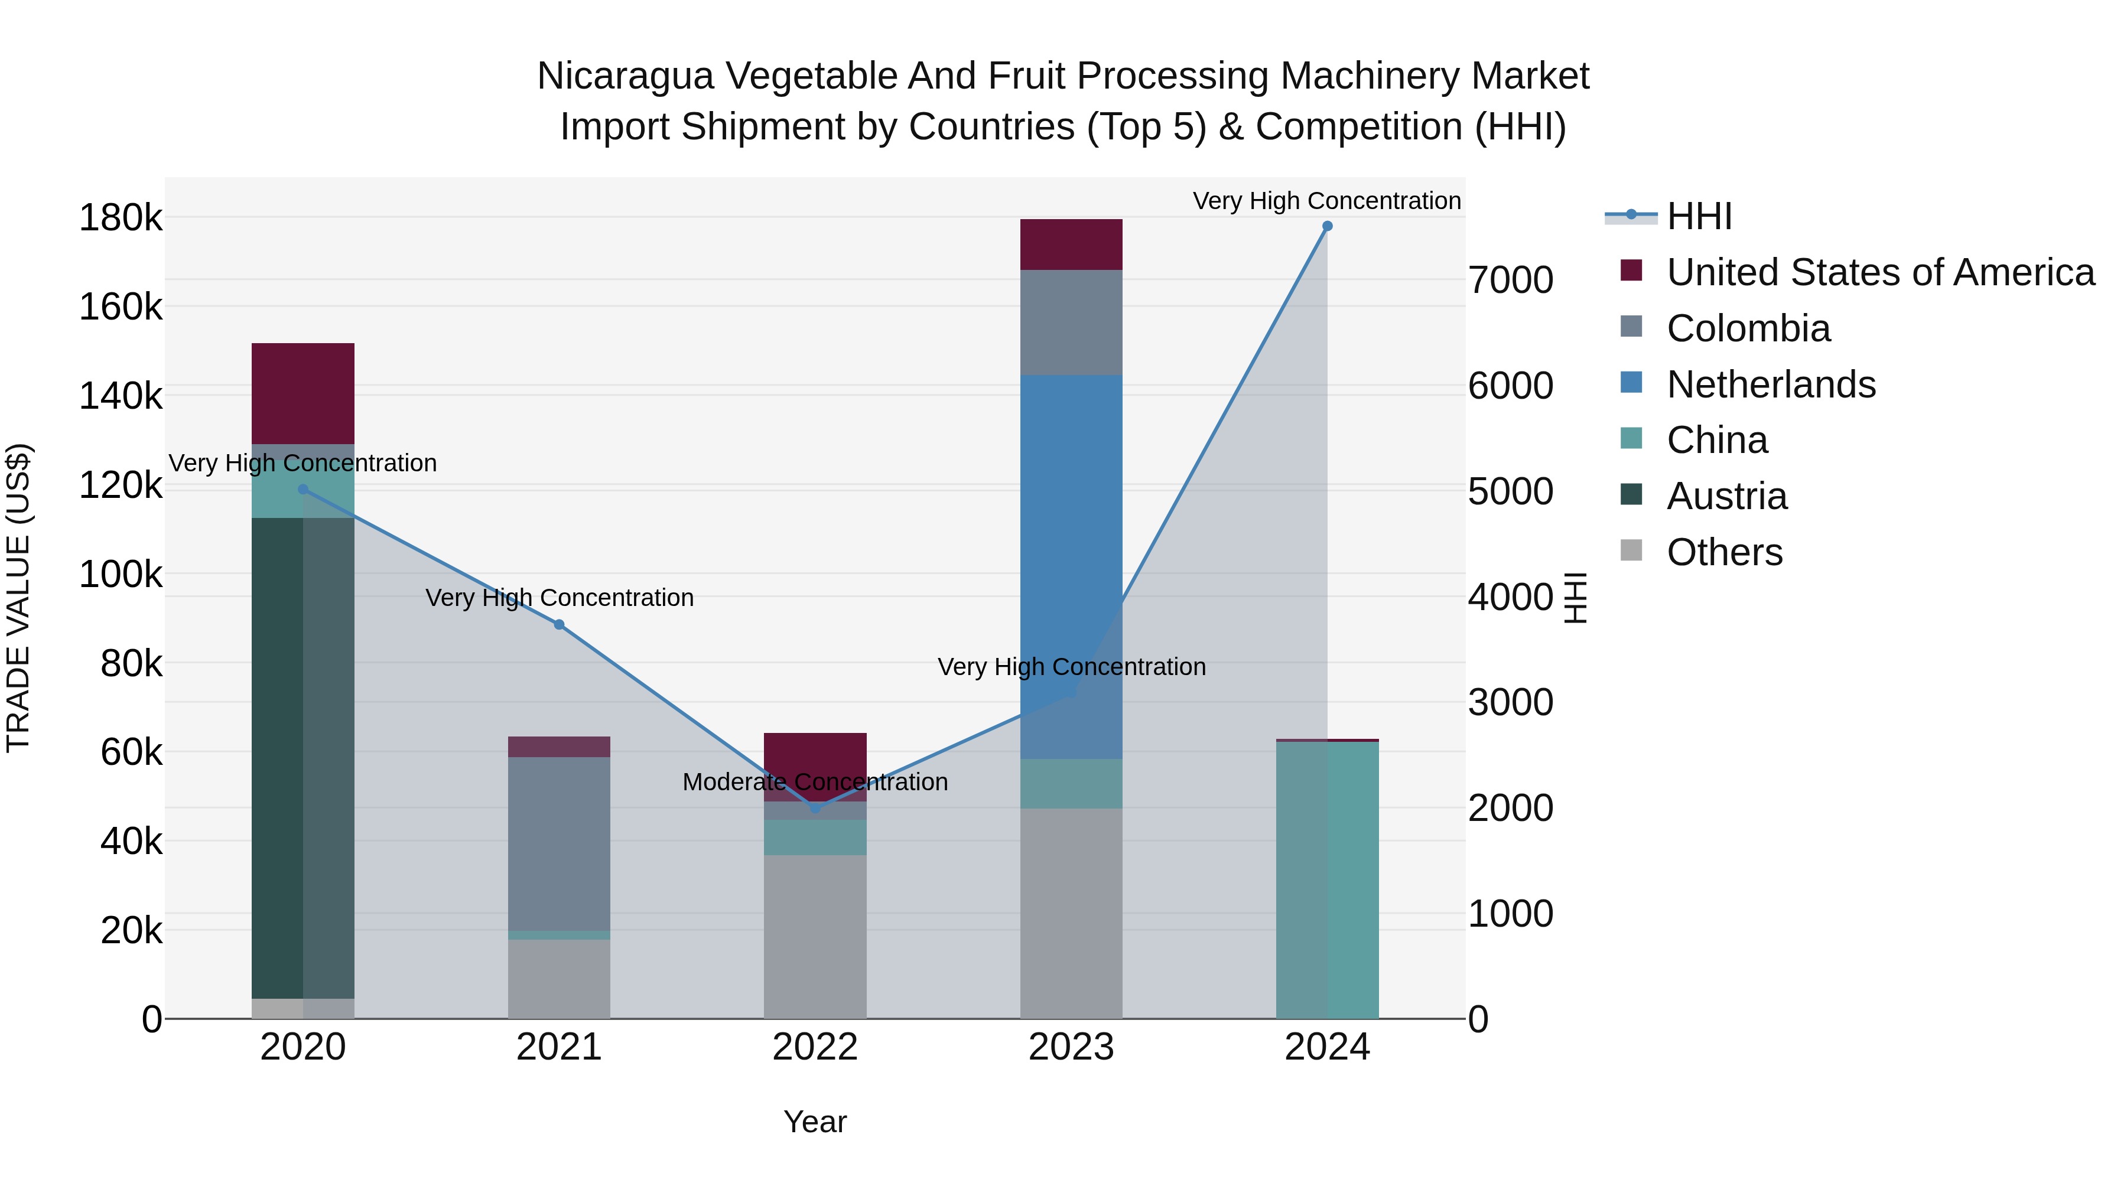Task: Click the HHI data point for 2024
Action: coord(1327,226)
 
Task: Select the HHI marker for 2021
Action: coord(559,625)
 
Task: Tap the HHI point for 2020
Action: coord(303,490)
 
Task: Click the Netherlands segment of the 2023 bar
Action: coord(1071,566)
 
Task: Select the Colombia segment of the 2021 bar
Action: coord(559,843)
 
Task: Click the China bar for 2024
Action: coord(1327,880)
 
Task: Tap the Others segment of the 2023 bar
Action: coord(1071,913)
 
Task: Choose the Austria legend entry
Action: coord(1726,496)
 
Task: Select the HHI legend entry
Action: coord(1699,216)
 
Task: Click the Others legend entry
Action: coord(1724,552)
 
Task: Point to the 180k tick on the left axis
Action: coord(121,218)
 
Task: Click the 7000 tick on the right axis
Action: coord(1510,280)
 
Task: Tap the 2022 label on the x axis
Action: coord(815,1047)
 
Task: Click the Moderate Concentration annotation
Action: coord(815,781)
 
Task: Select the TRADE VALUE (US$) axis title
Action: coord(18,598)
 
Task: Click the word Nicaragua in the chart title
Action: coord(625,76)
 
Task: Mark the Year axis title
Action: coord(815,1122)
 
